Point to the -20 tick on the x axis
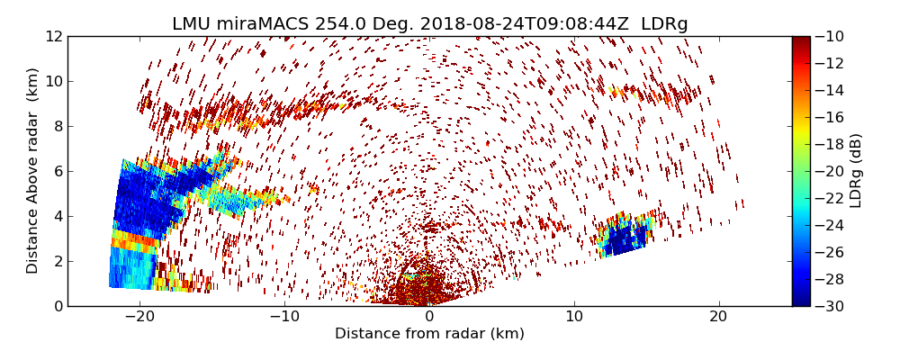(x=139, y=317)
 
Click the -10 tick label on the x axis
(x=284, y=317)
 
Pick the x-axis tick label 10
(x=574, y=317)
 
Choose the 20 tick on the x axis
(x=718, y=317)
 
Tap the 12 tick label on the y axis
(x=53, y=36)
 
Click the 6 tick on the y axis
(x=57, y=171)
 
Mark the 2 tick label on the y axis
(x=57, y=261)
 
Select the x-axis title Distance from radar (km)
(x=429, y=334)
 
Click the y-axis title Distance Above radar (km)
(x=33, y=171)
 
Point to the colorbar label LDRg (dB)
(x=856, y=171)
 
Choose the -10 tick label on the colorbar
(x=830, y=36)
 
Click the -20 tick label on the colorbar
(x=830, y=171)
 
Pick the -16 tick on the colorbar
(x=830, y=117)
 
